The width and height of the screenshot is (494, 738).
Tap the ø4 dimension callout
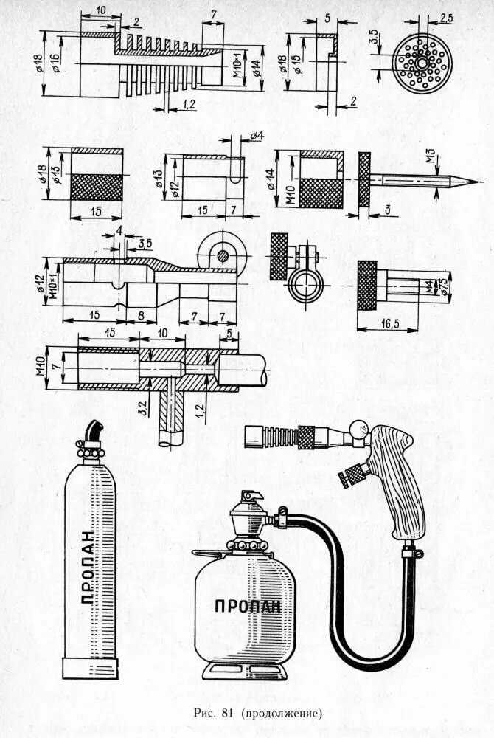[256, 136]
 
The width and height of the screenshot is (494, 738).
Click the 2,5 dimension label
[445, 16]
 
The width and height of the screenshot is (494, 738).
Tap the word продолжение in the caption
[283, 714]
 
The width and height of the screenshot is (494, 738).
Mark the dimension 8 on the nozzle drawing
[140, 315]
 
